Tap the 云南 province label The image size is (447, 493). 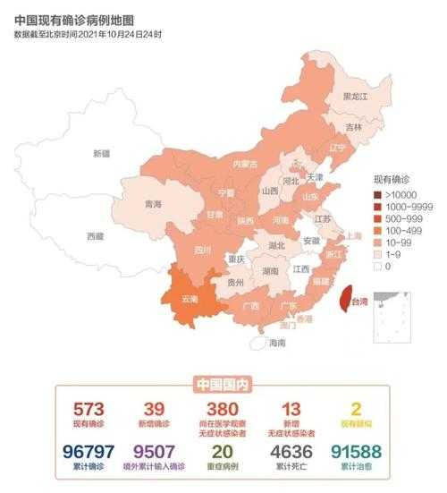click(x=189, y=298)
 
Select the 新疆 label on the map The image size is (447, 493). click(x=102, y=153)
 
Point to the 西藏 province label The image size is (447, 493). click(x=95, y=236)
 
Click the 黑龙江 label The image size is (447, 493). click(x=356, y=96)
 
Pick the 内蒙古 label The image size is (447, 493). click(x=245, y=164)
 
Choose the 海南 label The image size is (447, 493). click(x=277, y=343)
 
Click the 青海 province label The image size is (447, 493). click(x=153, y=204)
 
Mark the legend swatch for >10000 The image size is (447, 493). click(x=378, y=194)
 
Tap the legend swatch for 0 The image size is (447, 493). click(x=378, y=266)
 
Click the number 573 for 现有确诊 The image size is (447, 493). click(x=89, y=407)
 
